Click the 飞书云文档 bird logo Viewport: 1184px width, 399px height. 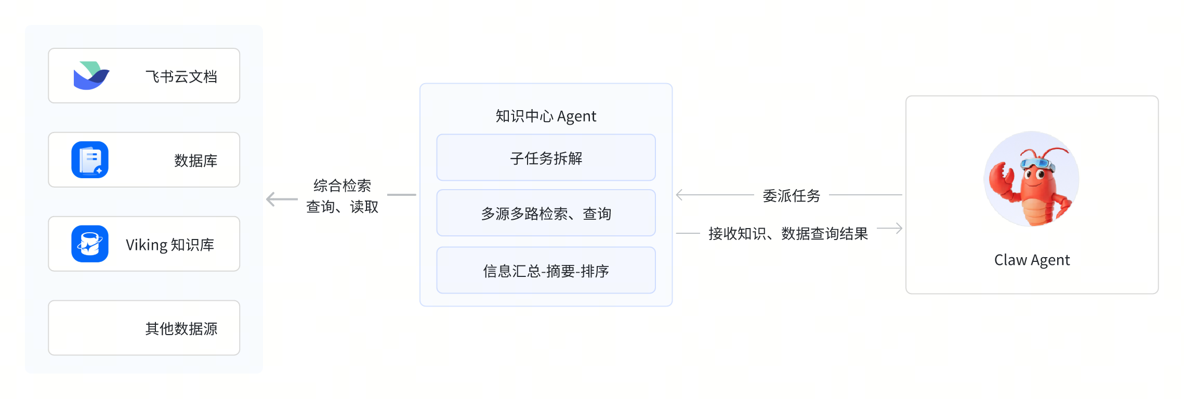(91, 75)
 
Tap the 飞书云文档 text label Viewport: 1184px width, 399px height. (181, 77)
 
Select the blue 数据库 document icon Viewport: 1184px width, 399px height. (90, 159)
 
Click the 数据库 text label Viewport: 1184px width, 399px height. (196, 161)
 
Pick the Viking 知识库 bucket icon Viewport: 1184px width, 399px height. (90, 244)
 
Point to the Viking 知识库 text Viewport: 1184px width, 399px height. (170, 245)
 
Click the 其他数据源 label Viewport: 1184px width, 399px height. (181, 329)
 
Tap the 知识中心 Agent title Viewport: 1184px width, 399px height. (546, 116)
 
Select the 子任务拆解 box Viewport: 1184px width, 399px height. (546, 157)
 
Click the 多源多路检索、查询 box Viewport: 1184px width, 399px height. (546, 213)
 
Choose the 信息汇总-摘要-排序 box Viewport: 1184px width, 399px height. (546, 270)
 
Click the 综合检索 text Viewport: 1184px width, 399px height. (343, 185)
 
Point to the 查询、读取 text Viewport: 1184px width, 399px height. (343, 207)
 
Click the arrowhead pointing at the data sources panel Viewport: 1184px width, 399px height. (270, 199)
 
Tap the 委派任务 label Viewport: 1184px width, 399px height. (792, 196)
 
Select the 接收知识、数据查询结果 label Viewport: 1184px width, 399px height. (788, 234)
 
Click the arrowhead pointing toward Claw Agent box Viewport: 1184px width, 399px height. (898, 228)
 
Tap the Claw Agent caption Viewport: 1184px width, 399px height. (1032, 260)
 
